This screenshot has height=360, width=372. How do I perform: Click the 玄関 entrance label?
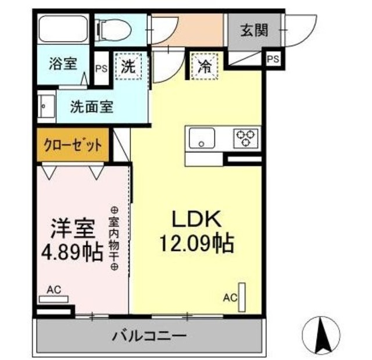pyautogui.click(x=255, y=30)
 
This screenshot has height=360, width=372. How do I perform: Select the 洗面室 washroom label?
pyautogui.click(x=92, y=107)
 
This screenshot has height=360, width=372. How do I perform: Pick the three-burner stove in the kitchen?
pyautogui.click(x=245, y=138)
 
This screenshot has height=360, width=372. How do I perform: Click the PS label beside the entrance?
pyautogui.click(x=272, y=59)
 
